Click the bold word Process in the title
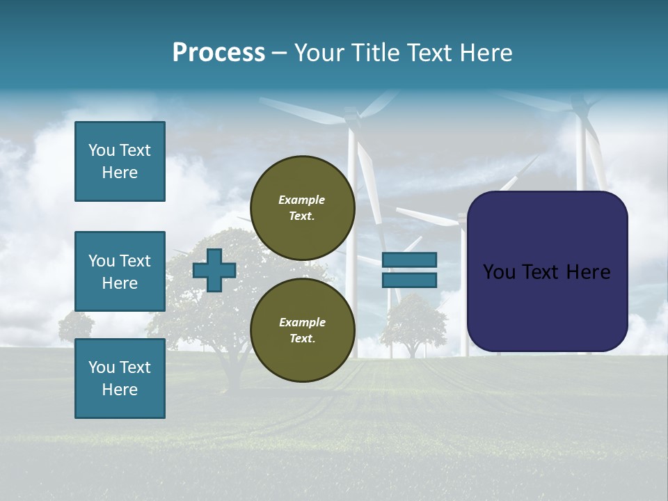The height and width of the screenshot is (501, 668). tap(218, 53)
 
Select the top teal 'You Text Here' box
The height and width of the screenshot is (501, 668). tap(120, 161)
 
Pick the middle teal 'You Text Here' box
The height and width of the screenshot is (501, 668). tap(120, 271)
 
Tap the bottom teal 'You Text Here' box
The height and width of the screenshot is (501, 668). tap(120, 379)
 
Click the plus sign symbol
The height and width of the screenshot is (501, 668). tap(214, 270)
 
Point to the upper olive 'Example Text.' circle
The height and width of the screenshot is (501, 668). tap(303, 208)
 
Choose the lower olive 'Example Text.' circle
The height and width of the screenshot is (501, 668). tap(303, 331)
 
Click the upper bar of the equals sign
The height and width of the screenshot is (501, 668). tap(410, 260)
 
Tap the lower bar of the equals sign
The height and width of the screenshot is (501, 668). tap(410, 280)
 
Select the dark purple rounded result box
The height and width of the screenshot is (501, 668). tap(548, 271)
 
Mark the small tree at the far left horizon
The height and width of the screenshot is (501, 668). tap(76, 326)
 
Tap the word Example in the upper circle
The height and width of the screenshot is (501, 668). tap(302, 200)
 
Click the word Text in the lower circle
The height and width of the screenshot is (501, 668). tap(302, 339)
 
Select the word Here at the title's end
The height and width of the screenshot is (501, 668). tap(486, 53)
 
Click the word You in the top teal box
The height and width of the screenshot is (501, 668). tap(101, 150)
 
